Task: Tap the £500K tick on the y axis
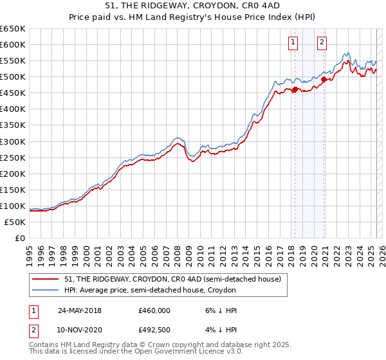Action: pyautogui.click(x=13, y=77)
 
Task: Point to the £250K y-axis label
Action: pyautogui.click(x=13, y=157)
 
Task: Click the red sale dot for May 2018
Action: pyautogui.click(x=295, y=89)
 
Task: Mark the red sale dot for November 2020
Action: pyautogui.click(x=324, y=79)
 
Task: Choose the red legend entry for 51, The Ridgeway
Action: pyautogui.click(x=172, y=280)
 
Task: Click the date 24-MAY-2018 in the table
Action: pyautogui.click(x=80, y=310)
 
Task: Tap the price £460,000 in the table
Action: pyautogui.click(x=154, y=310)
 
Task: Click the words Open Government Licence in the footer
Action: pyautogui.click(x=194, y=352)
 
